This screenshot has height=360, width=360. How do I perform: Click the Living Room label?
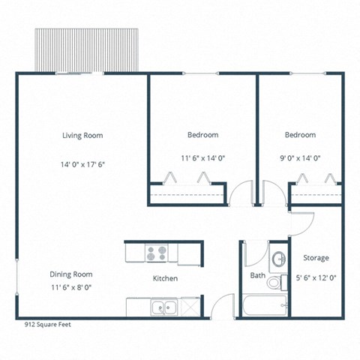82,136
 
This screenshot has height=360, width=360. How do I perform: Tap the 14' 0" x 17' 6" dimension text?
82,164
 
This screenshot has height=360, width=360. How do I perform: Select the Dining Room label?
71,274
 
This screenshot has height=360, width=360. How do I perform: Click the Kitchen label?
165,278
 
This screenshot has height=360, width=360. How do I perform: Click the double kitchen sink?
163,306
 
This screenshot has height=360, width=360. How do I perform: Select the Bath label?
257,276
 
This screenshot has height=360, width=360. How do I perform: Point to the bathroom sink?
278,259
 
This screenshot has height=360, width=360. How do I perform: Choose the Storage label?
316,258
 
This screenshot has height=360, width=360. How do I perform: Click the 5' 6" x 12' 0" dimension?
316,277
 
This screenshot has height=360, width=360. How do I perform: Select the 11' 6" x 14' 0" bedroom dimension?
202,157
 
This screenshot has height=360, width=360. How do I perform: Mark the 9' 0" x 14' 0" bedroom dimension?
300,157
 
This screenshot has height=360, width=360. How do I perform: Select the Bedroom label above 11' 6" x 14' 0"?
202,135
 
